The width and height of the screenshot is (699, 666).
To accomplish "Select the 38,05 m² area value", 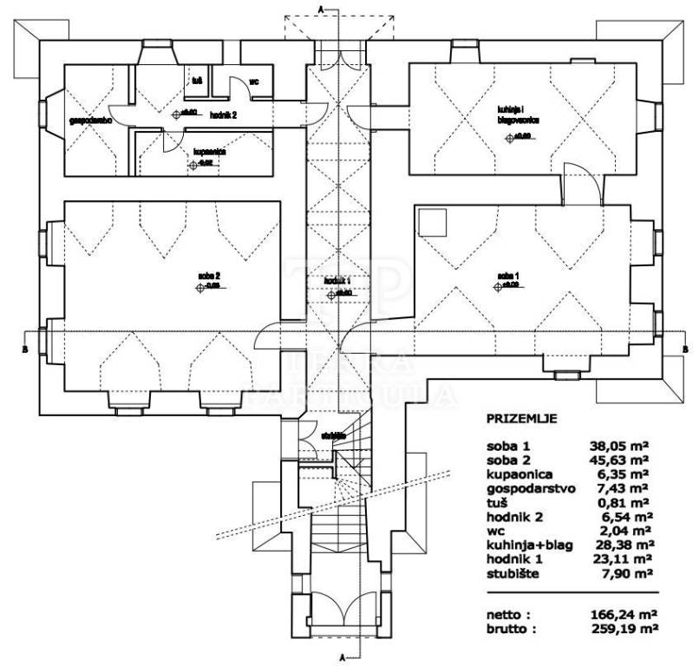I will tap(621, 447).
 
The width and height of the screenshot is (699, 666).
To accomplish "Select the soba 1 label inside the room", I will tap(507, 276).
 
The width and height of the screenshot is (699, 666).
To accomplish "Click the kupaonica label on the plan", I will tap(210, 150).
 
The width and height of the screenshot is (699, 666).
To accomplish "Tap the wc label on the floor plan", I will tap(254, 82).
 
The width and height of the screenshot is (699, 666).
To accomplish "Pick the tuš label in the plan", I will tap(197, 82).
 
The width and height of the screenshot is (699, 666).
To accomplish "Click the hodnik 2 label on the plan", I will tap(223, 114).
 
